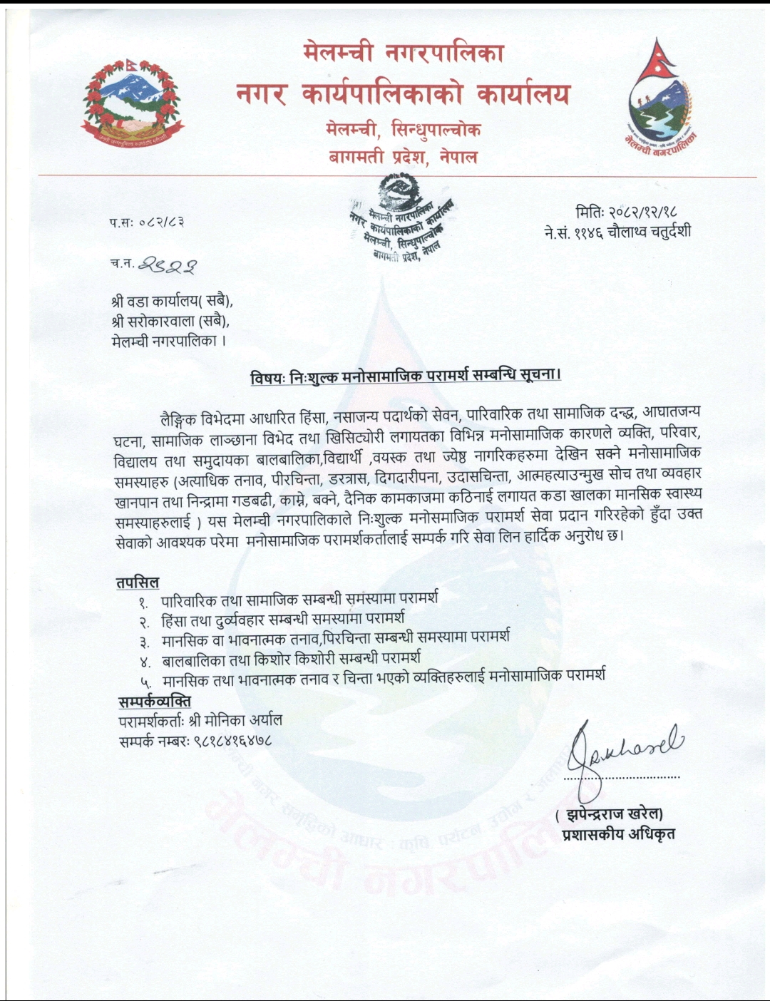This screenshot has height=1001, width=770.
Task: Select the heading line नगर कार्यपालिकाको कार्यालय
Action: (403, 95)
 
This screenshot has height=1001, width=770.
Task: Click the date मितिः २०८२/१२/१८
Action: (626, 212)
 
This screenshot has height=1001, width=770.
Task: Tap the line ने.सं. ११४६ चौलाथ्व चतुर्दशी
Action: (617, 232)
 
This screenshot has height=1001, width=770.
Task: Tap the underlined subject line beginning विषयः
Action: (405, 376)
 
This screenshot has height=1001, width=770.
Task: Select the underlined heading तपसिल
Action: (138, 582)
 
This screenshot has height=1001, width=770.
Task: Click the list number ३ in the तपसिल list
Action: (144, 641)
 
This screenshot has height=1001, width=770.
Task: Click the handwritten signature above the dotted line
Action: (624, 747)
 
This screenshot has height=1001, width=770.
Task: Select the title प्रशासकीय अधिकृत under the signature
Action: (618, 834)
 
